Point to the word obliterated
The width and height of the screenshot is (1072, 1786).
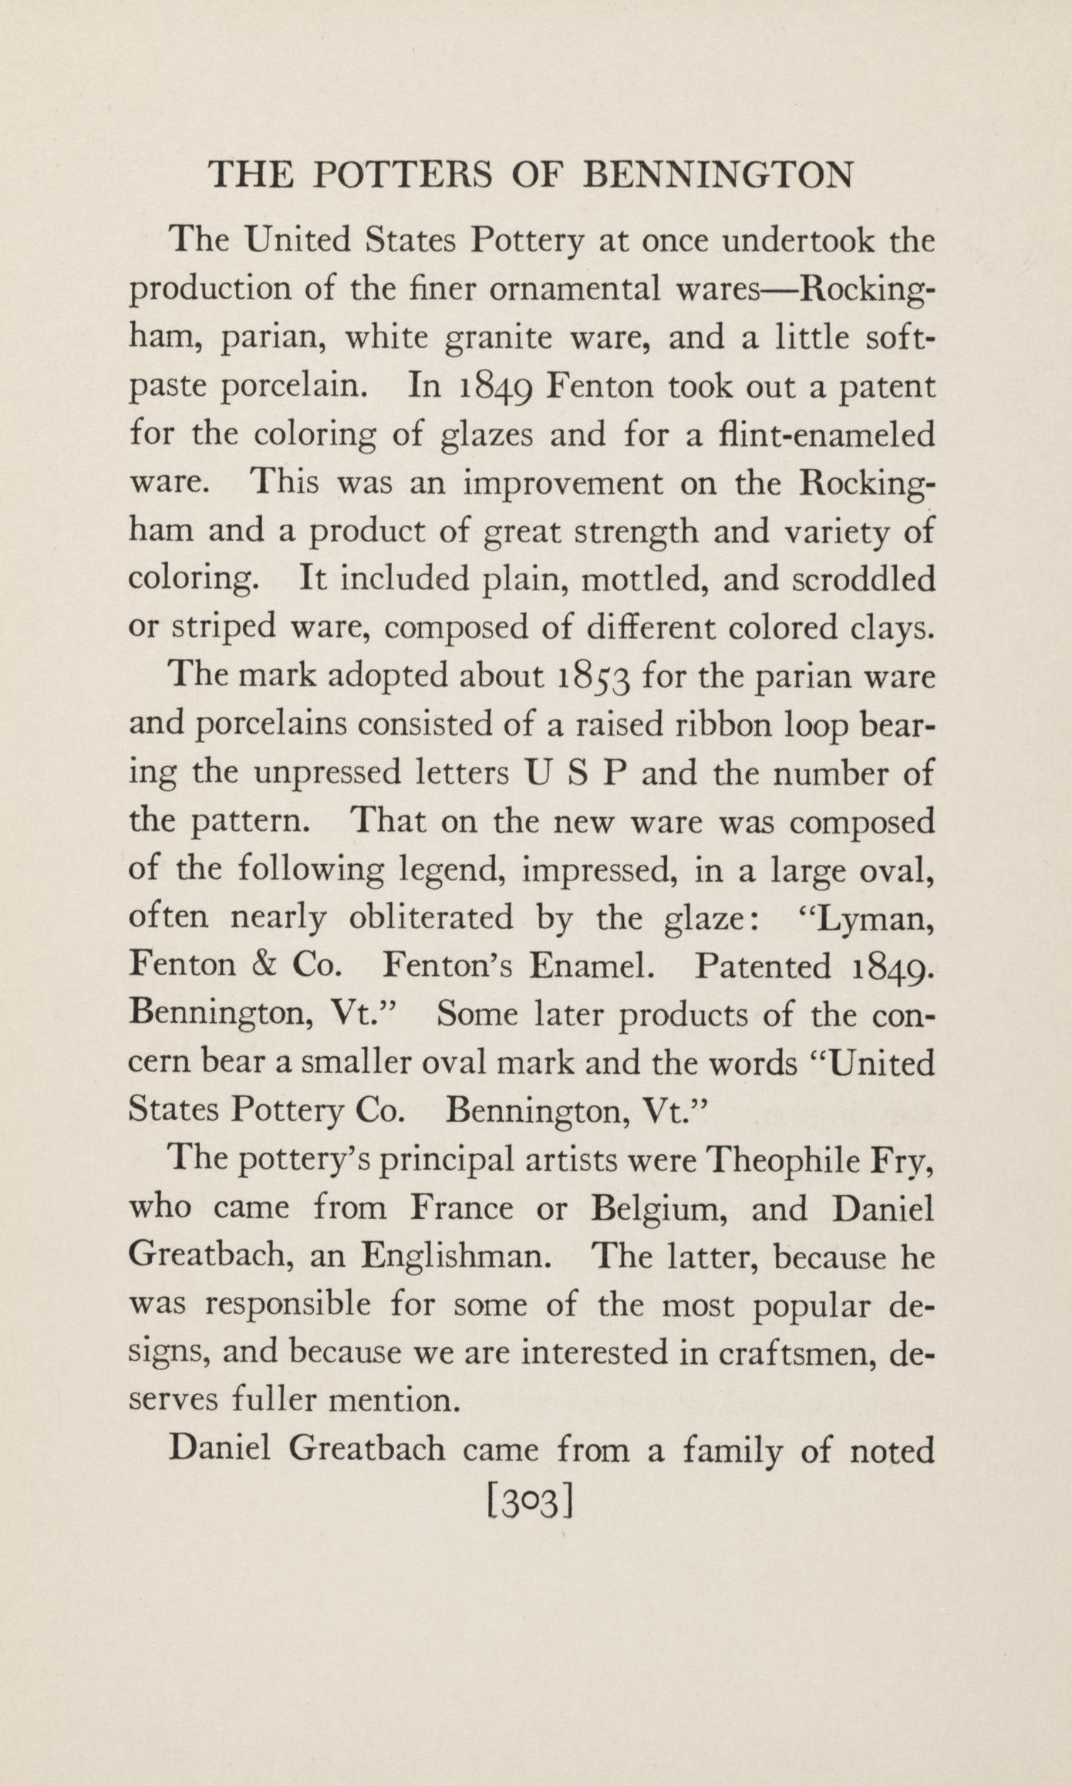click(431, 917)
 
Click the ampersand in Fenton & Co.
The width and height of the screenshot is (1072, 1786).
click(261, 965)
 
